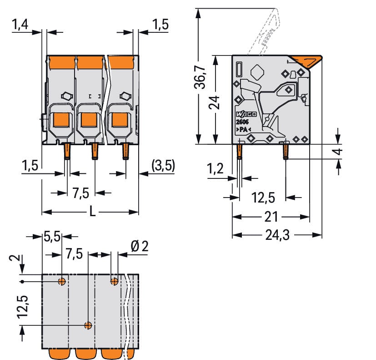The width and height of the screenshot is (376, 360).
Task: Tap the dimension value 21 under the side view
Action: [x=271, y=217]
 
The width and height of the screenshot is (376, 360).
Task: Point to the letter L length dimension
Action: [x=92, y=212]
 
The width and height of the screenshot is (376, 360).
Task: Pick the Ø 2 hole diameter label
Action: [x=139, y=247]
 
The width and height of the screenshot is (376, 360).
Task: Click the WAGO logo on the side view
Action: [x=246, y=114]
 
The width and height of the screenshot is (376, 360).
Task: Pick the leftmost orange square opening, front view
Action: [x=61, y=120]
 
